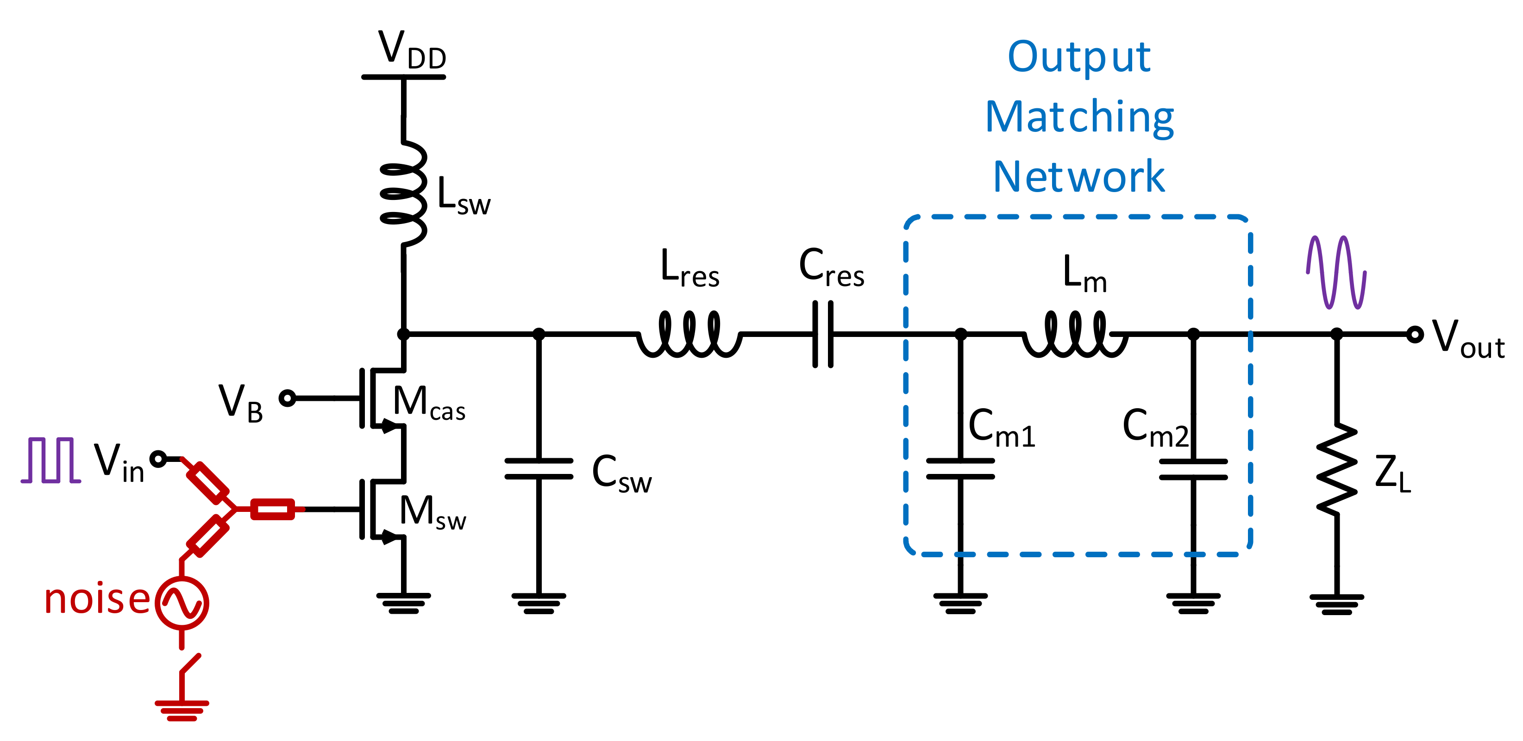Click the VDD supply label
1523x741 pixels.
pos(412,50)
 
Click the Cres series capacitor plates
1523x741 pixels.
pos(823,335)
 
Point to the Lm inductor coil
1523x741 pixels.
pos(1075,335)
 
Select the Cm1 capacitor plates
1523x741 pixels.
pos(960,468)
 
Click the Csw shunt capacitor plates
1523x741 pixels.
pos(539,468)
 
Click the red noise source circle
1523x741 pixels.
pos(182,603)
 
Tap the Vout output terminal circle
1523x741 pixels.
pos(1414,335)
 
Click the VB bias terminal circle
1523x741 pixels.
pos(288,399)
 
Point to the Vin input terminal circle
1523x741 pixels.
pos(158,459)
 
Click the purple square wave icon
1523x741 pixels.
pos(51,461)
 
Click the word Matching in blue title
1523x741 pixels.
pos(1079,117)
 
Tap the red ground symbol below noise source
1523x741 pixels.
pos(182,710)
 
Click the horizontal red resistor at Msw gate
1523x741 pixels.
pos(273,509)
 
